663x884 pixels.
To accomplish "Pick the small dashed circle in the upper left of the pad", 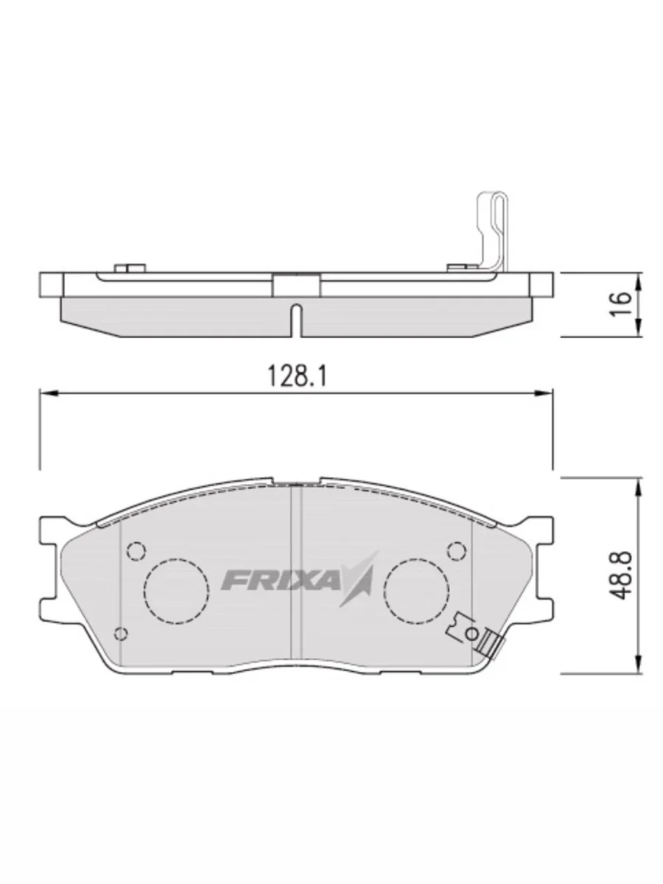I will pos(136,550).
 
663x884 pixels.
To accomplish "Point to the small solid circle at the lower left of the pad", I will pos(122,634).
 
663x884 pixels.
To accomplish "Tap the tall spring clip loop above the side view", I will pos(492,228).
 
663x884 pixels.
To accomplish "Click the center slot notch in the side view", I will pos(295,318).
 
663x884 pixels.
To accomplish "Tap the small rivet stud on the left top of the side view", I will pos(129,267).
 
